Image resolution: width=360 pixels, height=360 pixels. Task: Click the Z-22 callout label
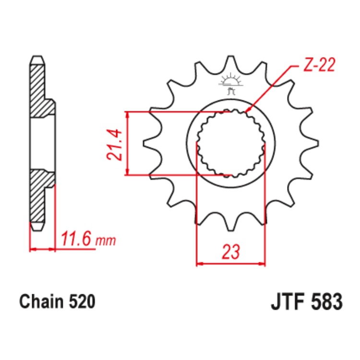tap(317, 65)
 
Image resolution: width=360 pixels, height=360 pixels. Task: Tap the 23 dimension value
tap(231, 252)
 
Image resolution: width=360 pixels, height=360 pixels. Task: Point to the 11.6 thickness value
tap(76, 239)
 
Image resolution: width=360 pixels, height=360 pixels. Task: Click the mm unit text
tap(106, 240)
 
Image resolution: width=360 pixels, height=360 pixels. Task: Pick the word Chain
tap(40, 302)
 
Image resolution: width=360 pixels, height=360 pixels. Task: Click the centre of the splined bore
tap(231, 143)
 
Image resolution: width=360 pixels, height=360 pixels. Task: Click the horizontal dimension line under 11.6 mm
tap(42, 249)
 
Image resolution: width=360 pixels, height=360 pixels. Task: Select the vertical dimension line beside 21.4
tap(127, 144)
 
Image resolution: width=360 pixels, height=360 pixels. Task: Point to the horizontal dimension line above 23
tap(231, 264)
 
